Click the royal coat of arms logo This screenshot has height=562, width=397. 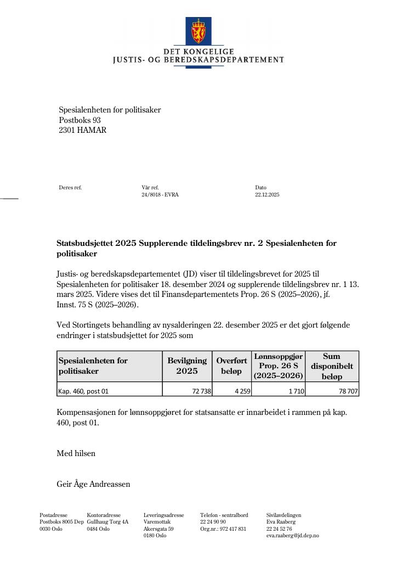198,31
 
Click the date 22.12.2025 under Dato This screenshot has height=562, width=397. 267,195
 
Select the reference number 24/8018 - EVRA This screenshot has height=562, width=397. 160,195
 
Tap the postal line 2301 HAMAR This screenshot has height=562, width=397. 83,131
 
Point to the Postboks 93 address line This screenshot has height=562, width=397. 80,120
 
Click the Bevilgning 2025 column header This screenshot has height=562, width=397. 187,366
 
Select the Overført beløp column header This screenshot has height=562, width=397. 231,366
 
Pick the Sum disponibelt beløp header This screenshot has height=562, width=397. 332,366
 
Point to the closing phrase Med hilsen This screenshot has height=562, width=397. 76,453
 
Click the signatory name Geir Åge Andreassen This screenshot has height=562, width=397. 93,485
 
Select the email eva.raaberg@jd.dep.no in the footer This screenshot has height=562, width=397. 293,536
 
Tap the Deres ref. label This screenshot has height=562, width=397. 70,188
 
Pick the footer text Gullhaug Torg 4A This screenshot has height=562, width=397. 107,522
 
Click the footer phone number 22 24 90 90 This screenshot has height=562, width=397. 213,522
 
